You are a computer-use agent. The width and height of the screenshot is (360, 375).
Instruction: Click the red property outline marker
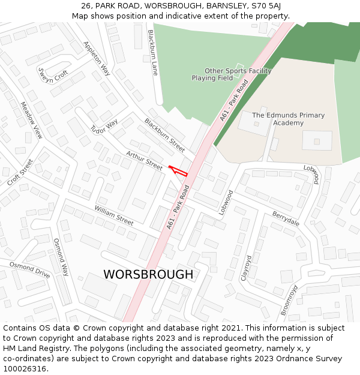(178, 170)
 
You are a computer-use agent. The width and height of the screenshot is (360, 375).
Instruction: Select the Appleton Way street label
(97, 58)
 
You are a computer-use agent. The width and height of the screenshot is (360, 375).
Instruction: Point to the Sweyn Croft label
(53, 76)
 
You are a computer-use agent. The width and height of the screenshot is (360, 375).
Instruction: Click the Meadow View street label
(31, 120)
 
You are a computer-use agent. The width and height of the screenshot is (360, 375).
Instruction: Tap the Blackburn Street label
(164, 135)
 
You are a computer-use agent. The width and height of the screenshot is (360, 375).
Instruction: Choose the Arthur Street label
(144, 161)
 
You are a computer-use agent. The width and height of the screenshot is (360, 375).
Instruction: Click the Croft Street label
(20, 172)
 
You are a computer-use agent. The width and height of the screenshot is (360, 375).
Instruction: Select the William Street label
(113, 215)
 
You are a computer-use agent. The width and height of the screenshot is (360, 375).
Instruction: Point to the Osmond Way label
(62, 257)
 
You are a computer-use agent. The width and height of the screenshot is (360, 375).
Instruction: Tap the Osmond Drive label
(29, 269)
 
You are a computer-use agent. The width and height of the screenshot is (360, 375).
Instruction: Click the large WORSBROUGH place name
(148, 274)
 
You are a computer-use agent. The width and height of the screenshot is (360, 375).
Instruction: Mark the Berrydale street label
(286, 218)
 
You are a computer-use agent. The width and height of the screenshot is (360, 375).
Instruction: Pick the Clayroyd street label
(247, 269)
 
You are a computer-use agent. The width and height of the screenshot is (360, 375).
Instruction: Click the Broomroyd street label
(289, 300)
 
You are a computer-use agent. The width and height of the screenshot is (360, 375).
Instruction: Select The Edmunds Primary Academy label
(288, 119)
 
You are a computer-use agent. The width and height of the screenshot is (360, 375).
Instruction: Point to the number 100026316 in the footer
(25, 368)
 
